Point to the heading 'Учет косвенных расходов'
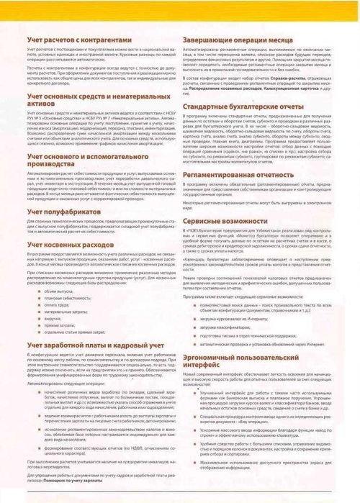coord(77,243)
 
